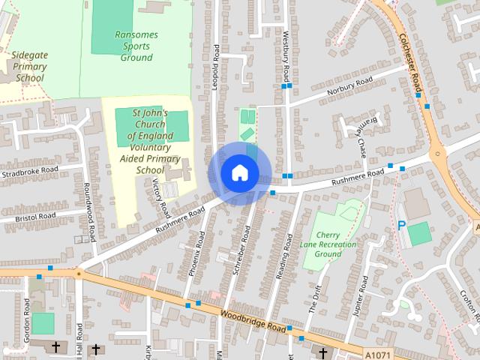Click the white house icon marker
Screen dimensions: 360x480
point(239,172)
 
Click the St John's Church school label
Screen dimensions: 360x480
point(150,141)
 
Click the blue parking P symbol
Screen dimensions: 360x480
point(401,226)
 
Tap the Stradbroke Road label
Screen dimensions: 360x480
point(30,172)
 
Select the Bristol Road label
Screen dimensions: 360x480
point(36,217)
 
